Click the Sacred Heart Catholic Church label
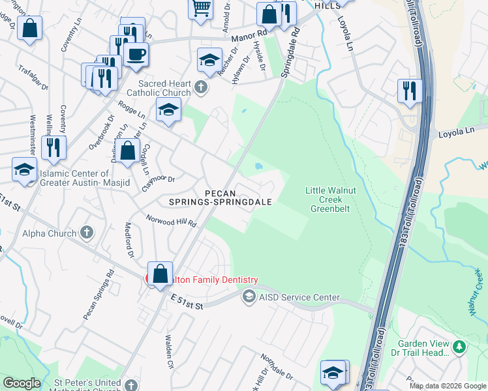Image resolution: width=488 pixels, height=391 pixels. tap(164, 88)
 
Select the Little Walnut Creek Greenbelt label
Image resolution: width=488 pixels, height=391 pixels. tap(328, 199)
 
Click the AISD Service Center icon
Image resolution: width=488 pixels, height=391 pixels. tap(248, 297)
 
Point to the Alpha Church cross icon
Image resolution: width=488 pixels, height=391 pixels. tap(87, 233)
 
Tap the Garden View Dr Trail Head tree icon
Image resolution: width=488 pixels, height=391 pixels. tap(460, 347)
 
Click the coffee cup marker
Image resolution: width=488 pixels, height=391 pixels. tap(136, 55)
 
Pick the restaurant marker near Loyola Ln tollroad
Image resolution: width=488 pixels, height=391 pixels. tap(410, 91)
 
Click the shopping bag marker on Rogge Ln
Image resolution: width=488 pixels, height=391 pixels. tap(129, 151)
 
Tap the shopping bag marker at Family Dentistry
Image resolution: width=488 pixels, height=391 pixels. tap(160, 274)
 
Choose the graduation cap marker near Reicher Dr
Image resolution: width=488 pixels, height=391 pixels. tap(209, 61)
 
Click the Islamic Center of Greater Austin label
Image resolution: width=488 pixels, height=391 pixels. tap(74, 178)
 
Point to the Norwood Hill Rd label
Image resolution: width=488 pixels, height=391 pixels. tap(171, 222)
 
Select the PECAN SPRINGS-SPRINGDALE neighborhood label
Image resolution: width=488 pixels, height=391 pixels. tap(220, 197)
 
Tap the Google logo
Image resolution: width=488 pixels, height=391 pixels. tap(22, 383)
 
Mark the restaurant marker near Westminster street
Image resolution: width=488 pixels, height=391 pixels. tap(53, 148)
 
